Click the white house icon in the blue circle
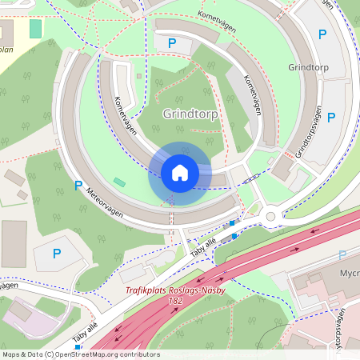[x=180, y=173]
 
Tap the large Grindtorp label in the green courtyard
[x=190, y=114]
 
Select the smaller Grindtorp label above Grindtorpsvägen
[x=308, y=68]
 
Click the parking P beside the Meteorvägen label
[x=78, y=186]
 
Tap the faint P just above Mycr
[x=342, y=255]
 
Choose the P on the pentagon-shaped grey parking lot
[x=56, y=254]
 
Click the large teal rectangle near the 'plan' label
[x=35, y=28]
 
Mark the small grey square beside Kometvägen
[x=139, y=76]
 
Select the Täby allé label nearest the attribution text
[x=86, y=333]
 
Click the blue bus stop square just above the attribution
[x=78, y=347]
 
